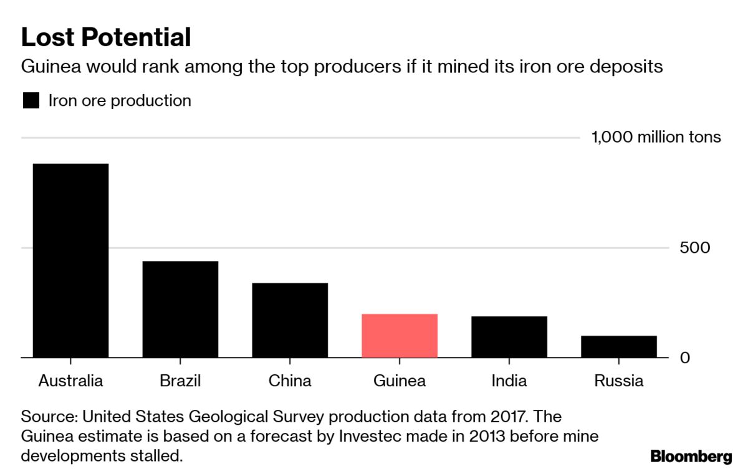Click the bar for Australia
(x=70, y=260)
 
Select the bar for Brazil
(x=180, y=309)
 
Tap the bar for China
(x=290, y=320)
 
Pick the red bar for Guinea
(x=400, y=336)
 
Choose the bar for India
(x=509, y=337)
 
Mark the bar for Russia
(x=618, y=346)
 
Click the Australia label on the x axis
(x=70, y=381)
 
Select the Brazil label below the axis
(x=180, y=381)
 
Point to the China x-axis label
(x=290, y=381)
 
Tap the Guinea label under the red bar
(x=400, y=381)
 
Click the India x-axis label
(x=509, y=381)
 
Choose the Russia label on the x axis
(x=618, y=381)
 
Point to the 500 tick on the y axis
(x=695, y=248)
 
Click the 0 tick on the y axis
(x=685, y=358)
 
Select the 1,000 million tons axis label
(x=656, y=137)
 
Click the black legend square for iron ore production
(x=31, y=101)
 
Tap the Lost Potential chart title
(x=106, y=37)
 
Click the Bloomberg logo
(x=691, y=457)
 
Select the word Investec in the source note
(x=368, y=435)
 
